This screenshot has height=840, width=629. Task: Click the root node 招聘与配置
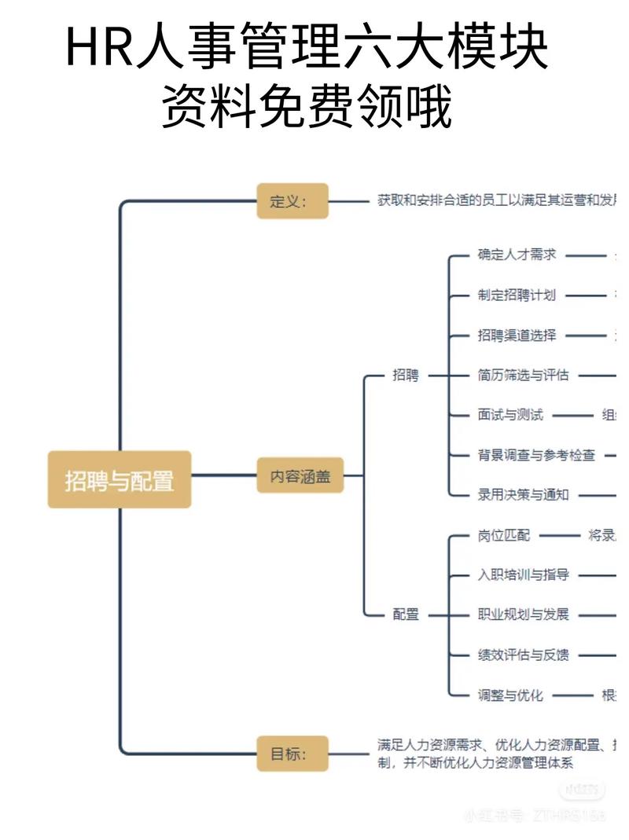(x=120, y=479)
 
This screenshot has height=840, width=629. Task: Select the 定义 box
(x=292, y=200)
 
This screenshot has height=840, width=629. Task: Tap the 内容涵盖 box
(x=300, y=475)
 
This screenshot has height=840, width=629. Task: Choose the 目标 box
(x=292, y=754)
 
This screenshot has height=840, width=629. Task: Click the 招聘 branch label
(x=406, y=375)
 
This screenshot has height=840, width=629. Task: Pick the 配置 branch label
(x=406, y=614)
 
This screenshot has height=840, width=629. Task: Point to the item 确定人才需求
(x=517, y=255)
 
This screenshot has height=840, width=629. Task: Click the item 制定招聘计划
(x=517, y=295)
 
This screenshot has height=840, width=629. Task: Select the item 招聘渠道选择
(x=517, y=335)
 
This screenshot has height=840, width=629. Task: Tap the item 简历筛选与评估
(x=523, y=375)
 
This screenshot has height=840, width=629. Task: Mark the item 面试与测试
(x=510, y=415)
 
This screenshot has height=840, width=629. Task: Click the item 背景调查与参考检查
(x=536, y=455)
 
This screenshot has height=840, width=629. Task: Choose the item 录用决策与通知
(x=523, y=495)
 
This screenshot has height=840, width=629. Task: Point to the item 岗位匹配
(x=504, y=535)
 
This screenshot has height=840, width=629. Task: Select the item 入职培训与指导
(x=523, y=575)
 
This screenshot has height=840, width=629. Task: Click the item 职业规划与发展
(x=523, y=614)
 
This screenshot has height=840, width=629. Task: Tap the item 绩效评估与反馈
(x=523, y=655)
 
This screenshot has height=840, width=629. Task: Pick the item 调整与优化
(x=510, y=695)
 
